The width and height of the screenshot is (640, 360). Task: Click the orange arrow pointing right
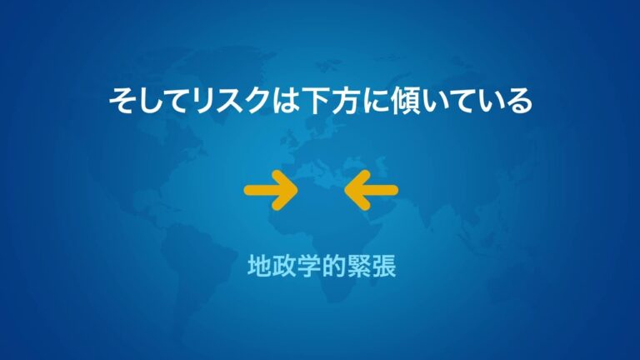pyautogui.click(x=271, y=190)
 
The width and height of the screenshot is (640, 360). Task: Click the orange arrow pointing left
pyautogui.click(x=371, y=190)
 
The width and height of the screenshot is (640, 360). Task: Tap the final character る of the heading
pyautogui.click(x=520, y=101)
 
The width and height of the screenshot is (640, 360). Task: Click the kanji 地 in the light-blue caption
pyautogui.click(x=260, y=266)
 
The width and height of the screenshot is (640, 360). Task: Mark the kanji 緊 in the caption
pyautogui.click(x=359, y=266)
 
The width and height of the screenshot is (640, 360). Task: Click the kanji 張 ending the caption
pyautogui.click(x=383, y=266)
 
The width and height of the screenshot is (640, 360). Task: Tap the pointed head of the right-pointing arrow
pyautogui.click(x=297, y=190)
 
